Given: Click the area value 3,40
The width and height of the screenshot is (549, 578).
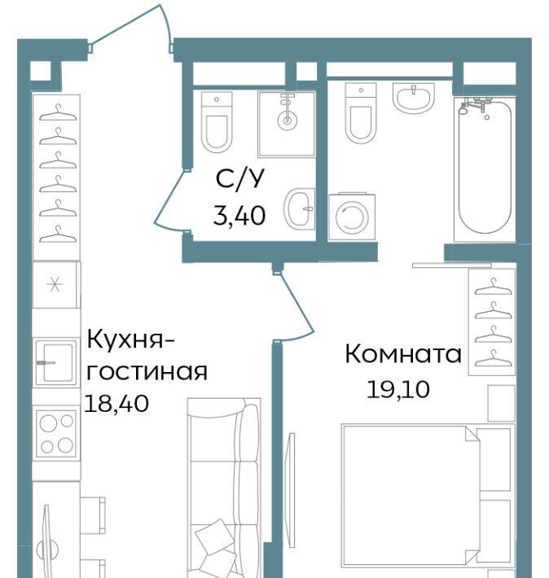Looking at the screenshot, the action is click(x=239, y=216).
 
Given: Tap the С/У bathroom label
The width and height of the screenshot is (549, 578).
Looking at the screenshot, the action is click(x=240, y=179).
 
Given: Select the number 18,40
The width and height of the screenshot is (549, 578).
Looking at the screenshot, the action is click(x=116, y=403).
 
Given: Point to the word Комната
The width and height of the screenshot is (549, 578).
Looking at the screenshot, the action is click(x=403, y=354).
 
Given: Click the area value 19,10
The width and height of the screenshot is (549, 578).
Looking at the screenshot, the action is click(x=398, y=390).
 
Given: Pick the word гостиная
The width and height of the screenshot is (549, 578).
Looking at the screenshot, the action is click(x=147, y=371).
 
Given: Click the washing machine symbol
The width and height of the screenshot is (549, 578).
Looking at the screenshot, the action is click(x=352, y=217).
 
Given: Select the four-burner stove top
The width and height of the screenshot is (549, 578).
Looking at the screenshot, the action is click(x=56, y=432).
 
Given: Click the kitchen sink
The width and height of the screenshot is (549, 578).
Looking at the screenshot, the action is click(x=56, y=362).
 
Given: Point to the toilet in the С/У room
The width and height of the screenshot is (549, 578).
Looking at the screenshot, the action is click(x=217, y=122).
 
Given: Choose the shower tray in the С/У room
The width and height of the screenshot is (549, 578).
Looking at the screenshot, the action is click(x=287, y=124).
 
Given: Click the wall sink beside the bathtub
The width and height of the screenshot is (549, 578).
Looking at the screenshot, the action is click(x=414, y=98).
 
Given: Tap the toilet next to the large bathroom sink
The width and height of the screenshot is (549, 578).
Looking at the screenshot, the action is click(x=361, y=113).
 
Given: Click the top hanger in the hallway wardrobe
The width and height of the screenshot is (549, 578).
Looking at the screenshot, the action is click(x=58, y=112).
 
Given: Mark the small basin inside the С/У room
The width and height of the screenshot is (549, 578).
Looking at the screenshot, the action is click(x=299, y=208).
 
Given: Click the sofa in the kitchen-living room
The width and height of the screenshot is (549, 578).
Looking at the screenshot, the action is click(x=223, y=488).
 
